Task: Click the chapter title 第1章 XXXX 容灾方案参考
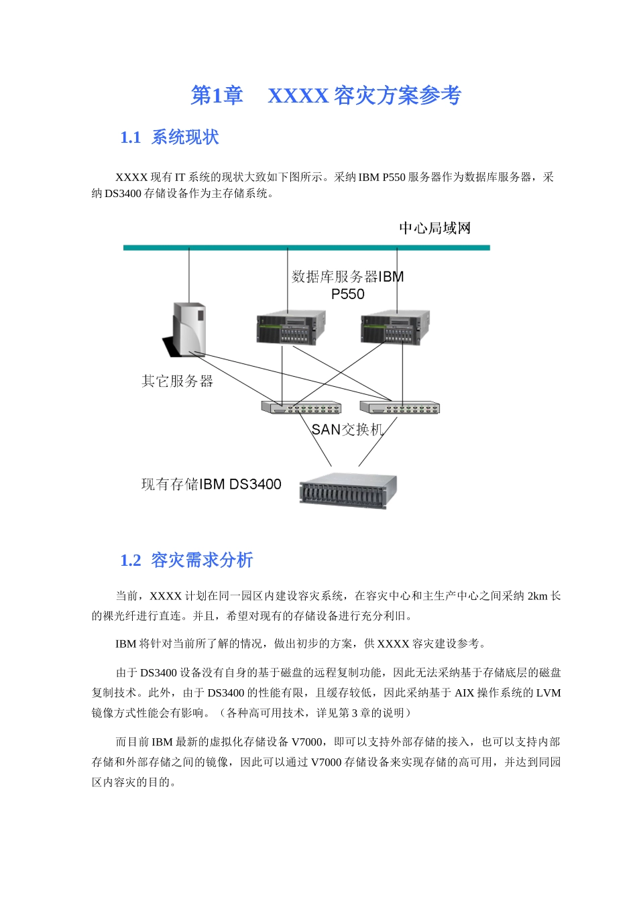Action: [326, 96]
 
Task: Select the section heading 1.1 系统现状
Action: [169, 137]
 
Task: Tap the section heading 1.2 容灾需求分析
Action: [186, 560]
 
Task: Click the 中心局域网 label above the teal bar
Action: [435, 228]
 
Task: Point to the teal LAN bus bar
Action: [306, 247]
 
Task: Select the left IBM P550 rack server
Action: [290, 328]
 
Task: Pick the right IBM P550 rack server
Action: [395, 328]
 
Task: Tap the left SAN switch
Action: [301, 408]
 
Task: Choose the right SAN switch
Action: [400, 408]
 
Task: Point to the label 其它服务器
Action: [177, 381]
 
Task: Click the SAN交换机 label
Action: [347, 430]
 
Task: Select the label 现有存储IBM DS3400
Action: [211, 484]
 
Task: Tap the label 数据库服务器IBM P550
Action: [348, 285]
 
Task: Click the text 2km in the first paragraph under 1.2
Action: [538, 596]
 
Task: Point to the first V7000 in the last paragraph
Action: [307, 742]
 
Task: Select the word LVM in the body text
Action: [548, 693]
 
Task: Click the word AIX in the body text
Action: [464, 693]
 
